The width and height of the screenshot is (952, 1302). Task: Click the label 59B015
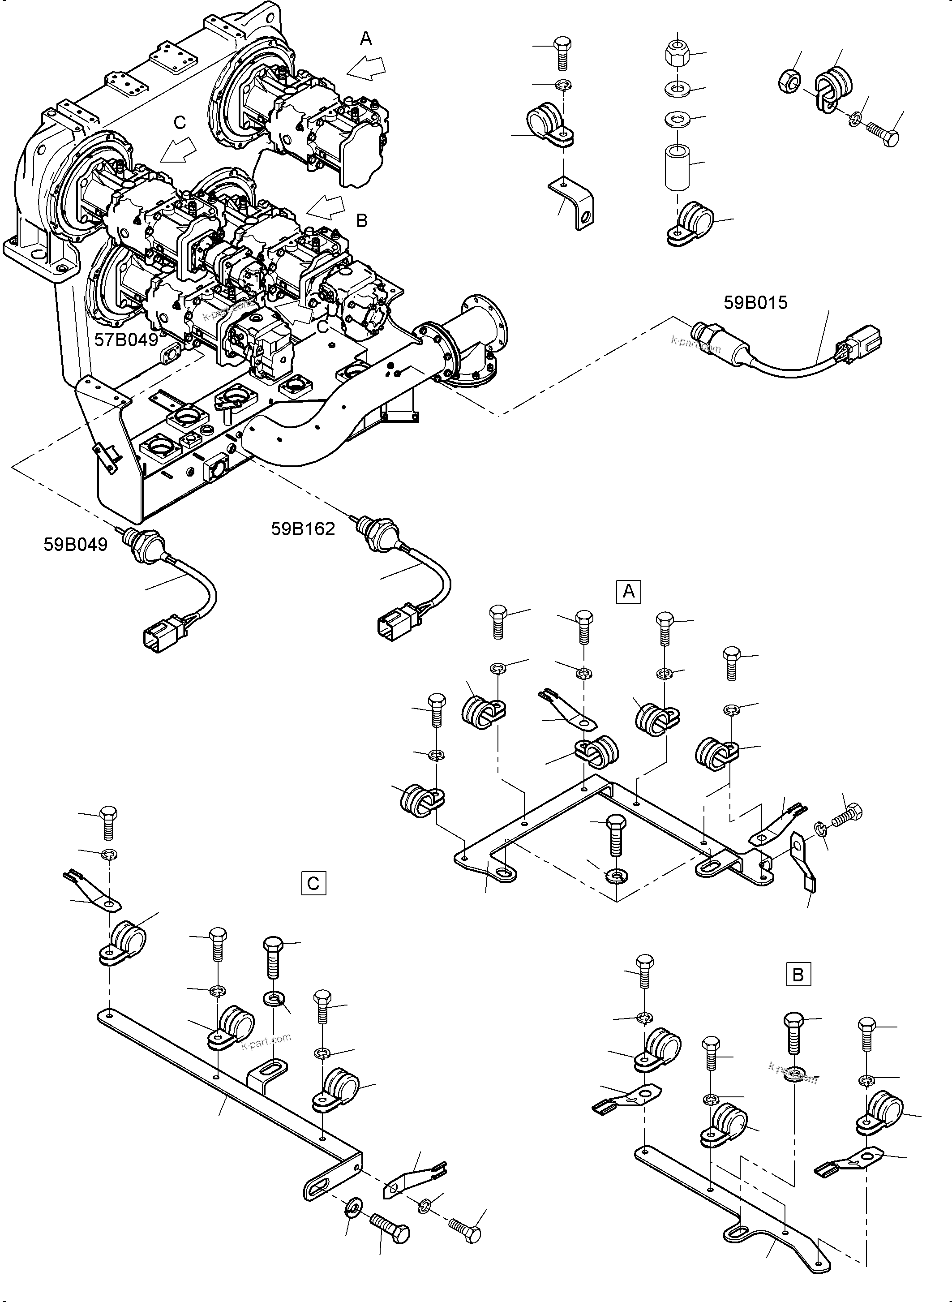click(x=755, y=303)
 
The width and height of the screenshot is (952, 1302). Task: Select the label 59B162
click(x=303, y=529)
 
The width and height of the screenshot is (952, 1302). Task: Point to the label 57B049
click(x=126, y=340)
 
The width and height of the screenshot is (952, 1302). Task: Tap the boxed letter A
click(x=628, y=591)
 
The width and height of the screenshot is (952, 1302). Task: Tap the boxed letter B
click(x=798, y=975)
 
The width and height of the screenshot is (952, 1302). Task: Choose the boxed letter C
click(x=313, y=884)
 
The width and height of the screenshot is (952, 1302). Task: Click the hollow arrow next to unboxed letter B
click(x=326, y=206)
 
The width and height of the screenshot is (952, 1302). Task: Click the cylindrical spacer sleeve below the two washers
click(x=677, y=167)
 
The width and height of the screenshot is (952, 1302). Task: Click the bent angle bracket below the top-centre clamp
click(x=573, y=202)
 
